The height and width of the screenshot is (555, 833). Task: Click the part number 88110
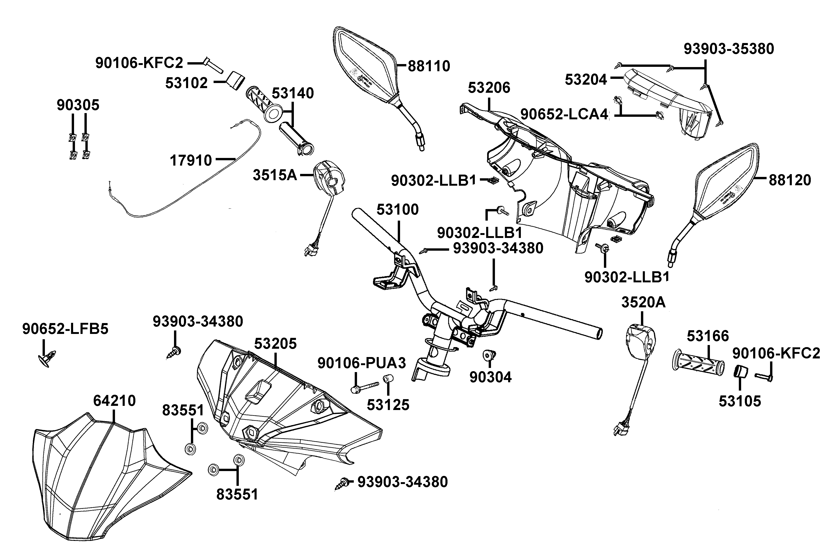click(x=429, y=66)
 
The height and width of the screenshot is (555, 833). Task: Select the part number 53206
click(x=489, y=88)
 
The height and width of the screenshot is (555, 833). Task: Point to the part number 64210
click(x=114, y=401)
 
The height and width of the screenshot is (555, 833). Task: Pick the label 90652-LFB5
click(x=65, y=329)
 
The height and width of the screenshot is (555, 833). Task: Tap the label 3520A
click(x=643, y=303)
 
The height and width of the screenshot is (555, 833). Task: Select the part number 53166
click(x=708, y=336)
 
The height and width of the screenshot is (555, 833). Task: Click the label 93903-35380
click(x=728, y=49)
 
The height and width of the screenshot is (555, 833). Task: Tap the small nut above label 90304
click(x=489, y=355)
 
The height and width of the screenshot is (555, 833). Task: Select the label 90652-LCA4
click(x=564, y=114)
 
